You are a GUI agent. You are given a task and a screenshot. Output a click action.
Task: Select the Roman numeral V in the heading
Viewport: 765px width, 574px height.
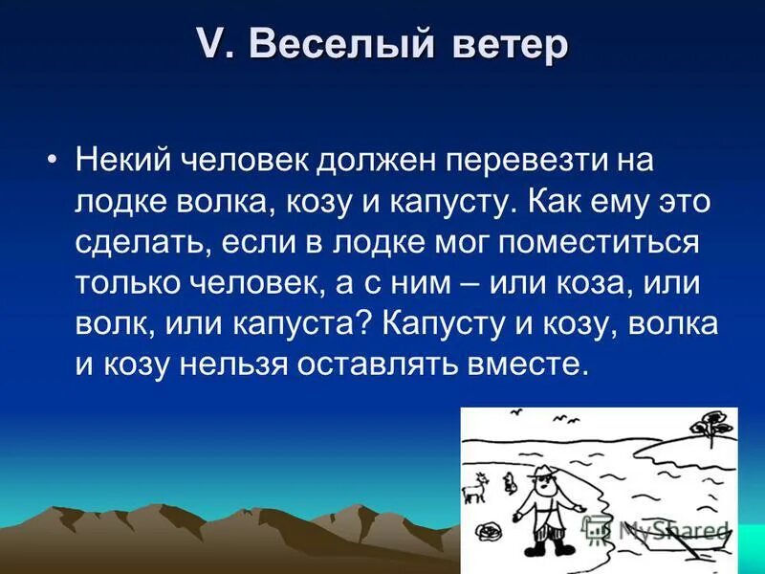(209, 45)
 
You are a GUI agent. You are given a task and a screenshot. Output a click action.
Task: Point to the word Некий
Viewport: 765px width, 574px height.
(122, 159)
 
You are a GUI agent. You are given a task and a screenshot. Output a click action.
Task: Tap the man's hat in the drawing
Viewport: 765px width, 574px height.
(541, 473)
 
